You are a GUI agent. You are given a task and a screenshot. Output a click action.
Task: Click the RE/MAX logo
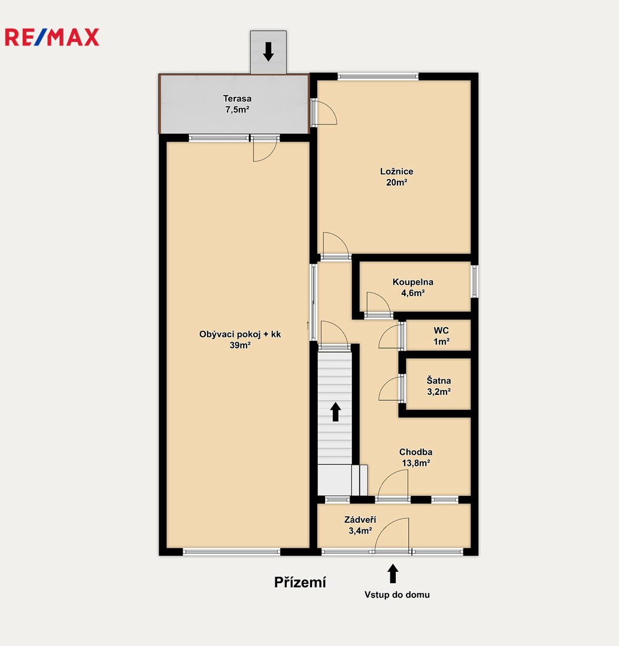[52, 37]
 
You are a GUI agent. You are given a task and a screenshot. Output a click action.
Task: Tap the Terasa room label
[237, 99]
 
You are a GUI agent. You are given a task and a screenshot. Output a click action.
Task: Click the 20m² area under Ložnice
[397, 182]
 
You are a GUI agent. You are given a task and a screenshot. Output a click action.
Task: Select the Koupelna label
[413, 282]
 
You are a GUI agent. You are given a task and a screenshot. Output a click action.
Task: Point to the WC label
[441, 330]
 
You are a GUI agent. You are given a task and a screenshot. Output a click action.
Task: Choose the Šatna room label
[439, 380]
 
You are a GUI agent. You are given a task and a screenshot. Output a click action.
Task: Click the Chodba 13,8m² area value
[416, 463]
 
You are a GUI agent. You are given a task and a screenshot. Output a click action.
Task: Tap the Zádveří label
[360, 520]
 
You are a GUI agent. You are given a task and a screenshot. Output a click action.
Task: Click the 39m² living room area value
[240, 345]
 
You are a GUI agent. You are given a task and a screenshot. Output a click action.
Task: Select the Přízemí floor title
[301, 582]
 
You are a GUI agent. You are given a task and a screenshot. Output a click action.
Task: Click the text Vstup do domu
[397, 595]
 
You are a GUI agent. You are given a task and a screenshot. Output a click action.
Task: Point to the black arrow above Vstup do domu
[393, 574]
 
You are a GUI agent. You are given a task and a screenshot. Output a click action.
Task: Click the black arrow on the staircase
[336, 412]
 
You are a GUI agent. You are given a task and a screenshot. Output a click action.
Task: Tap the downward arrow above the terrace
[268, 51]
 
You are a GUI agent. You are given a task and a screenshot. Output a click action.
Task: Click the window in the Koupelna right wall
[475, 281]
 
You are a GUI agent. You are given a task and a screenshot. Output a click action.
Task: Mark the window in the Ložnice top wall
[378, 76]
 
